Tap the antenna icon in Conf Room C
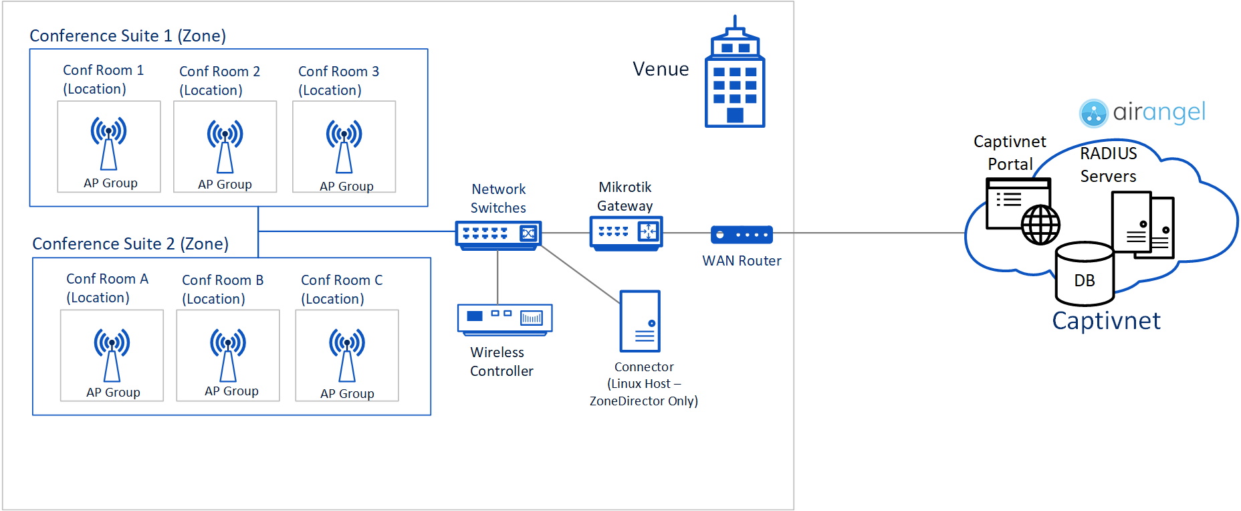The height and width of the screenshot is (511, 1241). coord(346,354)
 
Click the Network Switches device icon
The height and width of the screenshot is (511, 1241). coord(498,235)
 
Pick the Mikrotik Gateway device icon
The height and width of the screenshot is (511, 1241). coord(626,233)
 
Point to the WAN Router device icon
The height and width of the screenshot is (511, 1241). coord(742,235)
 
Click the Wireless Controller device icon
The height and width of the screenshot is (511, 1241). coord(505,318)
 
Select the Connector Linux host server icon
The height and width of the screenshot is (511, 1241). coord(640,321)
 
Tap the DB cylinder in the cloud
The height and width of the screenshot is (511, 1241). coord(1084,274)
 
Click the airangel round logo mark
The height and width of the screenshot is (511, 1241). coord(1094,113)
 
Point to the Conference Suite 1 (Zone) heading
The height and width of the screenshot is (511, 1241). coord(128,35)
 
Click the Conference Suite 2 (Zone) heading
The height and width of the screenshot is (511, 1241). coord(130,243)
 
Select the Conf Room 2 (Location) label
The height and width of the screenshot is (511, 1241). coord(219,80)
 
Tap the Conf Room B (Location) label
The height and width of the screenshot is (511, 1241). coord(222,289)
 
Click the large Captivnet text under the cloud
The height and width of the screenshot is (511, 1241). coord(1106,321)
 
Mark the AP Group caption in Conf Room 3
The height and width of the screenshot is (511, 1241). coord(346,186)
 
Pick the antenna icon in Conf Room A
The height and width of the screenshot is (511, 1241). coord(112,354)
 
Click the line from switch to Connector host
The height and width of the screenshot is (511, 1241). coord(579,274)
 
